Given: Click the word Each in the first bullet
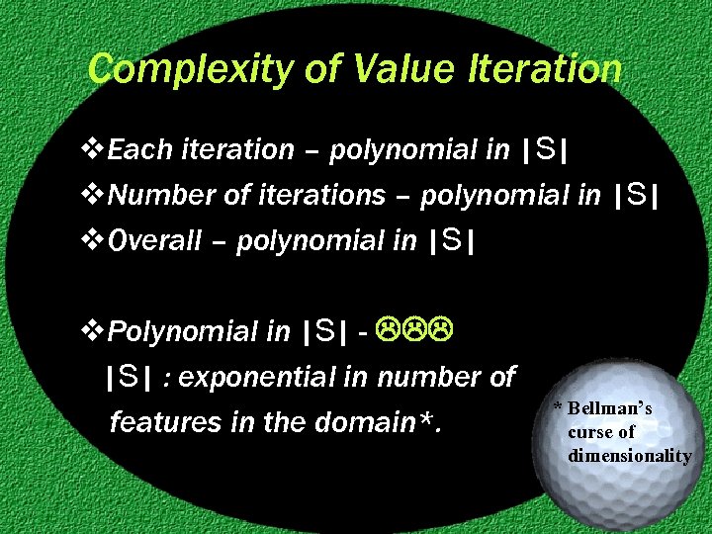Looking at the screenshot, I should click(x=136, y=150).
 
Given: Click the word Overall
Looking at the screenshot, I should click(x=153, y=240).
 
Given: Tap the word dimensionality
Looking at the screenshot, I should click(x=629, y=456).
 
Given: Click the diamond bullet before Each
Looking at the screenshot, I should click(x=96, y=150).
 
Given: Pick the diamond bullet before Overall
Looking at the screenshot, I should click(x=96, y=240).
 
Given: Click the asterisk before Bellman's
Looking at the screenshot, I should click(x=558, y=408).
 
